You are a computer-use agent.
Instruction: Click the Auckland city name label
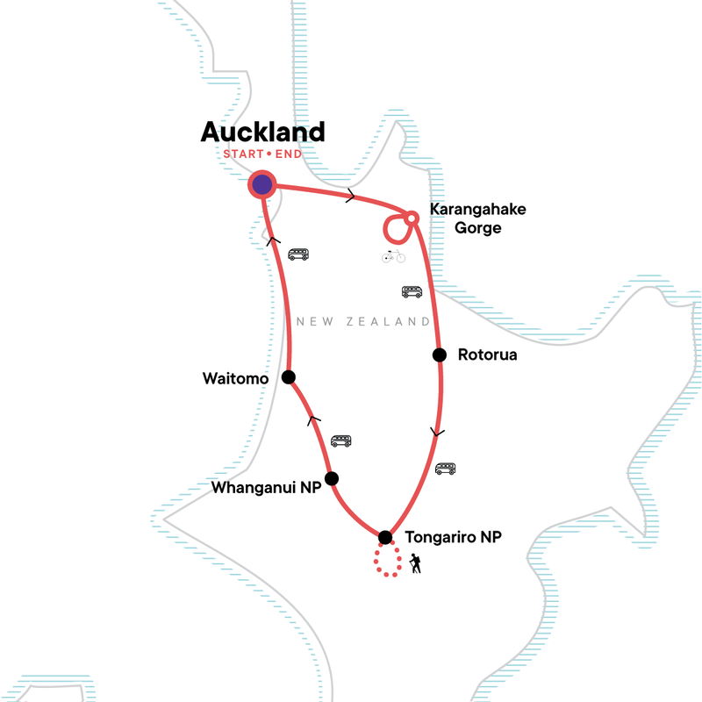click(262, 132)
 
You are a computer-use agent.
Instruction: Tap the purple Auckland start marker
click(261, 184)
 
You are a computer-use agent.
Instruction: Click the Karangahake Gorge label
click(465, 219)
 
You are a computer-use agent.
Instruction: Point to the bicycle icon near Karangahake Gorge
click(393, 256)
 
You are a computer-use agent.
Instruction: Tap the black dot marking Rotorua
click(439, 355)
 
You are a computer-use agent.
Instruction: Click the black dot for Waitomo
click(288, 376)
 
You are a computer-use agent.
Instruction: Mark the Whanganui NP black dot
click(331, 478)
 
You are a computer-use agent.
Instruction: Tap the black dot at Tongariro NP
click(384, 537)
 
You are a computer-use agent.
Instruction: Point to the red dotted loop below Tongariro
click(386, 562)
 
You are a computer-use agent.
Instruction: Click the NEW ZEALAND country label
click(363, 322)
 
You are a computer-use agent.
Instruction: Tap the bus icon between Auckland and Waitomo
click(299, 254)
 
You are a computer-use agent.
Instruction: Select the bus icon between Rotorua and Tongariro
click(446, 469)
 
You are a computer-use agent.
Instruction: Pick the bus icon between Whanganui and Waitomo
click(340, 441)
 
